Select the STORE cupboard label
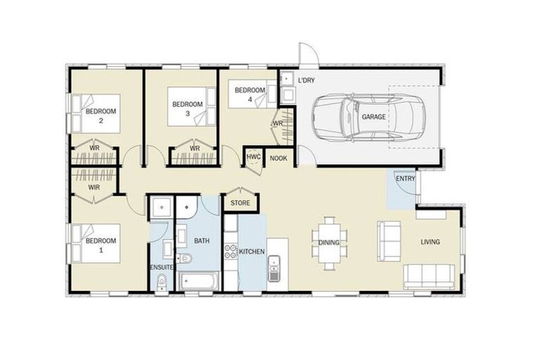click(240, 203)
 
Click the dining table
click(329, 243)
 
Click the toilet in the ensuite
click(161, 283)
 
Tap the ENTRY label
click(405, 179)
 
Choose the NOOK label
click(279, 159)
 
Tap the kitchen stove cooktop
click(230, 252)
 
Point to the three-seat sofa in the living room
click(427, 274)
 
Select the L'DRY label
click(306, 81)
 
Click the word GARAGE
click(373, 117)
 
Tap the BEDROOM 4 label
click(250, 94)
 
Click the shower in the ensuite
click(161, 208)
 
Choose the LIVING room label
click(430, 242)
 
